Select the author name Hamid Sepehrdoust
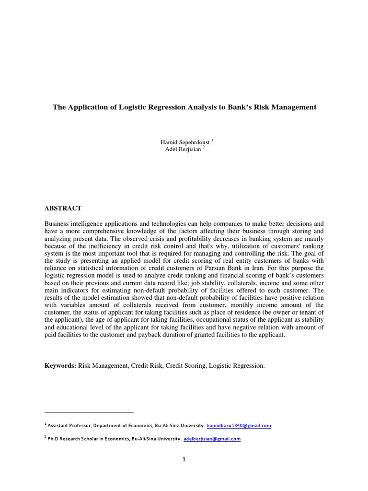pos(182,142)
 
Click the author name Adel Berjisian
pos(182,149)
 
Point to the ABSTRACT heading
pos(63,209)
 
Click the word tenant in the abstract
pos(305,313)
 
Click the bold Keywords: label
pos(60,366)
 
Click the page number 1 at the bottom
pos(184,459)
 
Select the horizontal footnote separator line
pos(89,412)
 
